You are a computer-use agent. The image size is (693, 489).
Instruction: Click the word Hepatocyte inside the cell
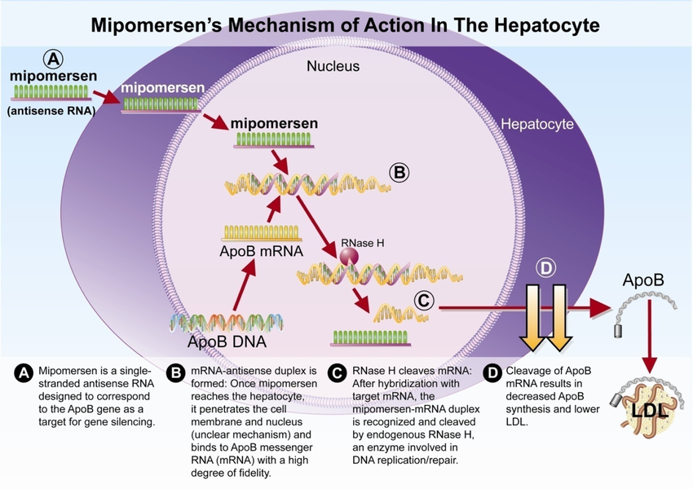pos(537,126)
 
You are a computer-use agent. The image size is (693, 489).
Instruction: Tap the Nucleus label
pos(333,66)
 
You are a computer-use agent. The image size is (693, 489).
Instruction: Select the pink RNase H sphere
pos(349,258)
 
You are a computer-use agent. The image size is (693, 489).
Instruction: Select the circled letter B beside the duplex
pos(399,173)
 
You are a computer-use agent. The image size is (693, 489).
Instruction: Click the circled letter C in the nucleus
pos(424,300)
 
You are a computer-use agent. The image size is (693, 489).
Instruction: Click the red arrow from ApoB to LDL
pos(649,335)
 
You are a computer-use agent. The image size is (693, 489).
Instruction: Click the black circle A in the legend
pos(24,372)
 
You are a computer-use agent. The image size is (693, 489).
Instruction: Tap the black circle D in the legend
pos(492,372)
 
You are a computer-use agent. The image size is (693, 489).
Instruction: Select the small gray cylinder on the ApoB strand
pos(617,331)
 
